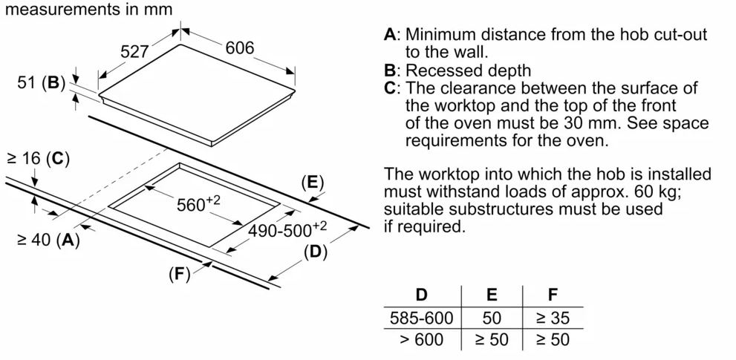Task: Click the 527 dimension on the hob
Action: tap(135, 52)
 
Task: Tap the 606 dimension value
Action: tap(239, 48)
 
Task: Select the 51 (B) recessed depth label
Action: tap(42, 83)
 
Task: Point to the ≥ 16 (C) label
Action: tap(37, 158)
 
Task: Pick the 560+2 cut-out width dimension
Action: tap(199, 204)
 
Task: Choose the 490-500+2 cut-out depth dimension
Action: tap(287, 230)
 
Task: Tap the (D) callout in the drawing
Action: tap(315, 252)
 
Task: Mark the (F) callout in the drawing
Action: tap(179, 274)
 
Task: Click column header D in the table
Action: tap(421, 295)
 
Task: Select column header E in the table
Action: tap(492, 295)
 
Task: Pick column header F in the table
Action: tap(552, 295)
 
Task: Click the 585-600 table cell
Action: tap(421, 318)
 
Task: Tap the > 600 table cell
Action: tap(421, 340)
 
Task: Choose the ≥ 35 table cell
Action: tap(552, 318)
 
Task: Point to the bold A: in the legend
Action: tap(391, 35)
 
